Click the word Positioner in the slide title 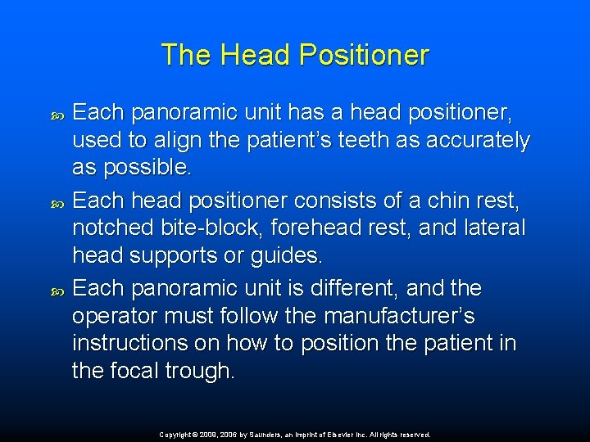point(364,56)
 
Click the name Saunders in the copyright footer point(259,435)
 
